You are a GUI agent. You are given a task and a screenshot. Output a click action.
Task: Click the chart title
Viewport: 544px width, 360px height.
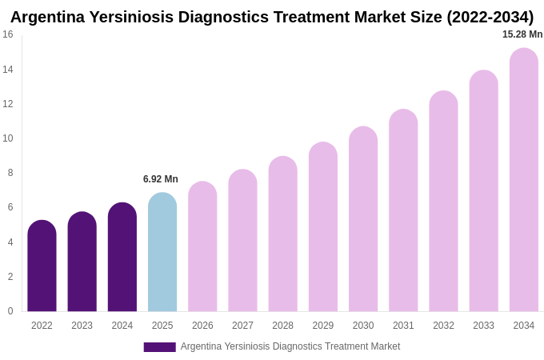tap(272, 17)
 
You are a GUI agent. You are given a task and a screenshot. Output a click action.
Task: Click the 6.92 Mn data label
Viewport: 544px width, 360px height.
tap(161, 179)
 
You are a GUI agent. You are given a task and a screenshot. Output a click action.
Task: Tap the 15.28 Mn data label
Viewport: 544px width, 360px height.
tap(522, 34)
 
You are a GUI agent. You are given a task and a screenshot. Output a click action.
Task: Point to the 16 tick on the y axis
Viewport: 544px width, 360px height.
tap(8, 34)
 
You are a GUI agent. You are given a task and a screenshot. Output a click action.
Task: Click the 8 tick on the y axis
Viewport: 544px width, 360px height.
tap(10, 173)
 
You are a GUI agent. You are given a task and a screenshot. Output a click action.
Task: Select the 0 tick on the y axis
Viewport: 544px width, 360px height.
tap(10, 311)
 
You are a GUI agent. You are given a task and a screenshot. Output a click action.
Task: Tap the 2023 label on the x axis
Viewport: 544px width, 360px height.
tap(82, 326)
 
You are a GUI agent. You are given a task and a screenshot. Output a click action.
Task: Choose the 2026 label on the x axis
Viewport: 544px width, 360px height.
tap(202, 326)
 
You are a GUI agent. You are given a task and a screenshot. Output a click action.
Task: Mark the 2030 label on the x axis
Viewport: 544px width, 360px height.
tap(363, 326)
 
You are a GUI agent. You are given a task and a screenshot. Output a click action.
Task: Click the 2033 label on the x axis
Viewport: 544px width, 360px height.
tap(483, 326)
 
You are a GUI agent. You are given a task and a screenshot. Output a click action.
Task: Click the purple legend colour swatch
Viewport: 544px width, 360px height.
tap(159, 347)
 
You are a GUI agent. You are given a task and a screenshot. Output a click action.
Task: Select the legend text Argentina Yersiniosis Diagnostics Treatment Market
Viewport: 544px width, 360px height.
tap(290, 346)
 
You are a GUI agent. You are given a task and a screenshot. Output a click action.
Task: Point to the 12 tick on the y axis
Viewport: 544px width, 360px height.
tap(8, 104)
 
